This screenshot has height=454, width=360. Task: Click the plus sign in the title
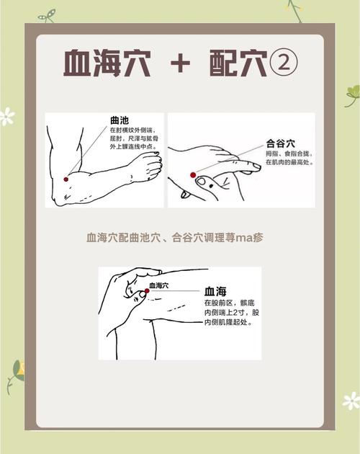180,64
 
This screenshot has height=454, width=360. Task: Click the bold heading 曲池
120,120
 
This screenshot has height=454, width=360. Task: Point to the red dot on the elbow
66,179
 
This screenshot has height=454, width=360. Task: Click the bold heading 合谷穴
282,143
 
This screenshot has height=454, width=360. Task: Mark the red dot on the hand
193,175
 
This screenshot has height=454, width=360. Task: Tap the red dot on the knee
145,292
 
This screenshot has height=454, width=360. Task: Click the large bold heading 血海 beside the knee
215,291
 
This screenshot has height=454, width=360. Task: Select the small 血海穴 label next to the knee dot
160,286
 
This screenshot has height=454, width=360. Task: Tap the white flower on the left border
7,116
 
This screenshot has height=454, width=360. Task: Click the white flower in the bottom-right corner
351,401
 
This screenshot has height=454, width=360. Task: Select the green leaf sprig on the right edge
351,93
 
